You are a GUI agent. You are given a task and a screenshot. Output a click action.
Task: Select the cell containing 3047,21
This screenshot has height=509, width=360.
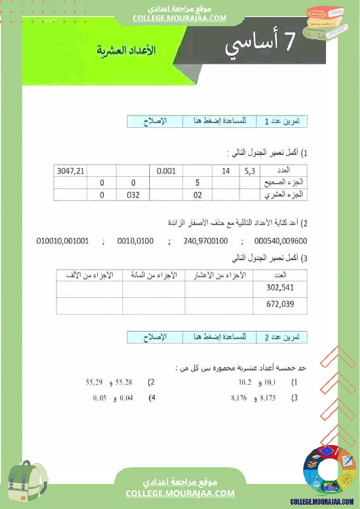[71, 171]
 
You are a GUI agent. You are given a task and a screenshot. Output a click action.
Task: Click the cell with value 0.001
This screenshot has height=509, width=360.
[166, 171]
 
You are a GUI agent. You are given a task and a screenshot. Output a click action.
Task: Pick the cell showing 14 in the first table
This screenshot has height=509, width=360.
[225, 171]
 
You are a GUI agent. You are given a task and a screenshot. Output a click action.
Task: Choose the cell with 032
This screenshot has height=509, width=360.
[133, 195]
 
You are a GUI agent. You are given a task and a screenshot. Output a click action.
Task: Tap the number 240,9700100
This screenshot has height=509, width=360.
[206, 240]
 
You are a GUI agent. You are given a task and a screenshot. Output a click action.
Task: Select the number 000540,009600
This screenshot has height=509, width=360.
[281, 240]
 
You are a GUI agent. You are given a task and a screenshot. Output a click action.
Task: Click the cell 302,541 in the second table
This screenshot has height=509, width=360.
[280, 287]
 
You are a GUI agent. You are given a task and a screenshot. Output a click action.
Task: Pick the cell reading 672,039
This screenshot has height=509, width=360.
[280, 304]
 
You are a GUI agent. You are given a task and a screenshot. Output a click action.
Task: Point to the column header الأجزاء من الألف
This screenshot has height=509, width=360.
[89, 275]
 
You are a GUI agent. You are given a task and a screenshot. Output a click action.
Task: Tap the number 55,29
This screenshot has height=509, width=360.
[94, 383]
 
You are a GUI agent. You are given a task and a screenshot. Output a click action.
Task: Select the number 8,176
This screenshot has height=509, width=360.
[239, 398]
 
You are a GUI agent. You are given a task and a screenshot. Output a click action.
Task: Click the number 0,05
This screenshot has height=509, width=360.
[100, 398]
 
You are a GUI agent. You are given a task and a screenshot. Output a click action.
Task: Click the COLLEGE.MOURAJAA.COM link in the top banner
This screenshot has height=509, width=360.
[180, 18]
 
